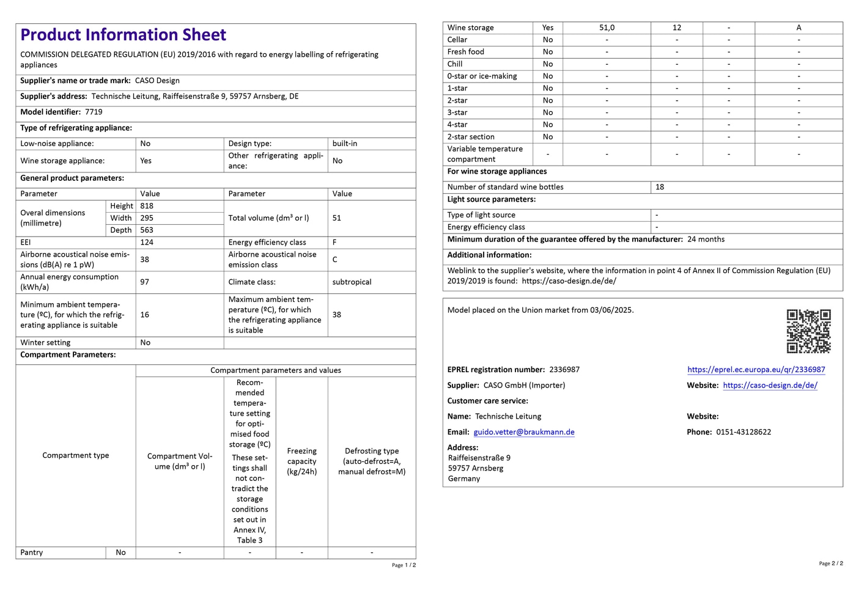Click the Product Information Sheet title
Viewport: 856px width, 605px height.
pyautogui.click(x=123, y=35)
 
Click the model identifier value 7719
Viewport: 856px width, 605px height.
pyautogui.click(x=94, y=112)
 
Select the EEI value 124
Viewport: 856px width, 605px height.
pyautogui.click(x=147, y=243)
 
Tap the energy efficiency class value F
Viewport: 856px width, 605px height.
pyautogui.click(x=334, y=243)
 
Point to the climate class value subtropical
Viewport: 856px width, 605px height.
pyautogui.click(x=352, y=282)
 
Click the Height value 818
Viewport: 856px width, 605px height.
pyautogui.click(x=147, y=206)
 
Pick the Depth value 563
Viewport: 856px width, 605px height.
pyautogui.click(x=147, y=230)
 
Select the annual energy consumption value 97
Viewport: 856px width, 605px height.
pyautogui.click(x=145, y=282)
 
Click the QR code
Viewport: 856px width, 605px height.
pyautogui.click(x=808, y=331)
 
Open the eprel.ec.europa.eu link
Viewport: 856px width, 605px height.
pyautogui.click(x=756, y=370)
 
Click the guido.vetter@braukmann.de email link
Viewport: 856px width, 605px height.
pyautogui.click(x=524, y=432)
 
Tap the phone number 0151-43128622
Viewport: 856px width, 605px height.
pyautogui.click(x=743, y=432)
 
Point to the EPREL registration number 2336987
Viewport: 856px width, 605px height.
pyautogui.click(x=564, y=370)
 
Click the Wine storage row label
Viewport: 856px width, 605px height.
pyautogui.click(x=470, y=28)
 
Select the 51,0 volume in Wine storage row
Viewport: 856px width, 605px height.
pyautogui.click(x=607, y=28)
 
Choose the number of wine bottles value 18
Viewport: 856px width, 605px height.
pyautogui.click(x=660, y=187)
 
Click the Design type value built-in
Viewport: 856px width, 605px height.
pyautogui.click(x=345, y=144)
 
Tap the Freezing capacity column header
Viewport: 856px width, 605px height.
pyautogui.click(x=301, y=461)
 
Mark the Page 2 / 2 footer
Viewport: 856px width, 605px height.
pyautogui.click(x=830, y=563)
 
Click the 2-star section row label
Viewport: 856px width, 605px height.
pyautogui.click(x=471, y=137)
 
